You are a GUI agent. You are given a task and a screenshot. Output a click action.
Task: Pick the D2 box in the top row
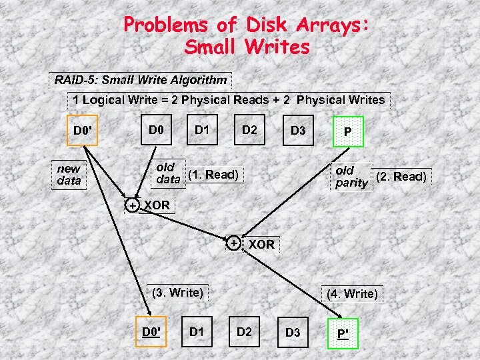tap(249, 129)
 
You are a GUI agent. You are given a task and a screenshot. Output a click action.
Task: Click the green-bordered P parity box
tap(347, 132)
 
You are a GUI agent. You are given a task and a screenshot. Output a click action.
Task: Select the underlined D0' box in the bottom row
tap(152, 331)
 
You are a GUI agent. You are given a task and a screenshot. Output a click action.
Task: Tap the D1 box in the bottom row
tap(197, 331)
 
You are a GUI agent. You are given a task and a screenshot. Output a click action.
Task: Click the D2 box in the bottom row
tap(245, 331)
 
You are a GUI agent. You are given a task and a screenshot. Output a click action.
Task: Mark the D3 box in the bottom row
tap(293, 332)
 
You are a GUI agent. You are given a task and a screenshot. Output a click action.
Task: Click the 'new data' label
tap(69, 175)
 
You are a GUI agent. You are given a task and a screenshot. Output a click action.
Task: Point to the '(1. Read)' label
tap(213, 175)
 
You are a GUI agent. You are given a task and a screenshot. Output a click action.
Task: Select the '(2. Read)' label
tap(401, 177)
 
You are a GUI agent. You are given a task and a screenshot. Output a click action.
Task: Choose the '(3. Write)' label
tap(177, 291)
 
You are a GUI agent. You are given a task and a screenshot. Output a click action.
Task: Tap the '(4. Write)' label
tap(352, 293)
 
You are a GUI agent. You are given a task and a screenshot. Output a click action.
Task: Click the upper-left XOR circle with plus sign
tap(133, 205)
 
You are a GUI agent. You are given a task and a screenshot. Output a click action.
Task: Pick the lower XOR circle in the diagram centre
tap(233, 243)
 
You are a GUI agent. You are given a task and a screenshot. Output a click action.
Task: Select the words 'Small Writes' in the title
tap(247, 47)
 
